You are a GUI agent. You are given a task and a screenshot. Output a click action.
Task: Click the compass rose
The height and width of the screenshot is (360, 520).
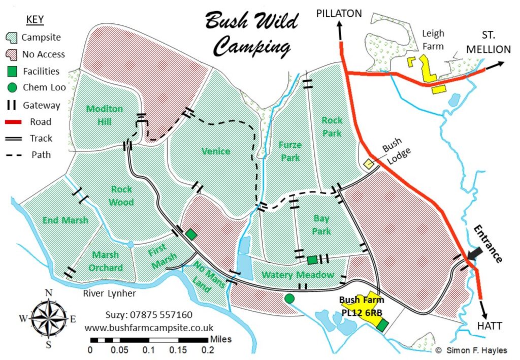point(49,319)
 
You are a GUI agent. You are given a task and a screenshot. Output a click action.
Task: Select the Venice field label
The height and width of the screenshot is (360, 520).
point(215,151)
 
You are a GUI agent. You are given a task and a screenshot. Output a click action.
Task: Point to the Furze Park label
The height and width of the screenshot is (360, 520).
point(290,151)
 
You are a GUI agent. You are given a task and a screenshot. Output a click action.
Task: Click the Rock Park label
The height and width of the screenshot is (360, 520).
point(332,126)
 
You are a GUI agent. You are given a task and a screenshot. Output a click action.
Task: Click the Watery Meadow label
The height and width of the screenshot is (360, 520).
point(298,275)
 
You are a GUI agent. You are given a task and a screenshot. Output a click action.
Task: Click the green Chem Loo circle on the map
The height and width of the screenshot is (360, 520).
point(289,298)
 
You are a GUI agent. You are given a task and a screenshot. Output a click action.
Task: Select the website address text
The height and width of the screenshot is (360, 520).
point(149,328)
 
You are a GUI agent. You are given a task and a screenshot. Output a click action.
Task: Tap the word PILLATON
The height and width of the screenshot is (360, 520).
point(339,13)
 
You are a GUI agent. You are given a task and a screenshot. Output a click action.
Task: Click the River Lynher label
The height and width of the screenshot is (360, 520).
point(111,292)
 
